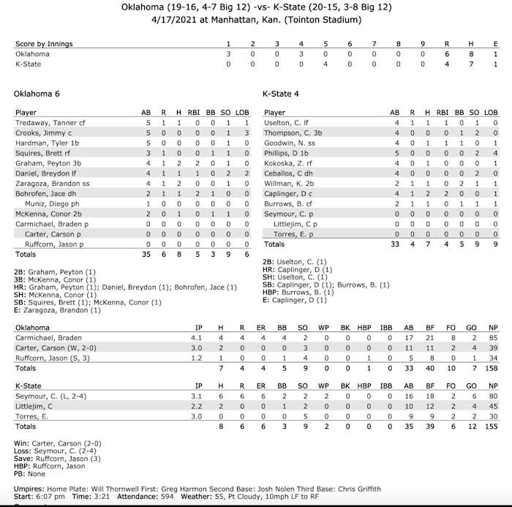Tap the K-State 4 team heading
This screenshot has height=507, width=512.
click(281, 94)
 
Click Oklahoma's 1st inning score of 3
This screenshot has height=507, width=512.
click(228, 54)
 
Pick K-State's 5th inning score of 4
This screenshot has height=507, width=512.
click(325, 64)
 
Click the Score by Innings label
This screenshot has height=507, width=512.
click(44, 44)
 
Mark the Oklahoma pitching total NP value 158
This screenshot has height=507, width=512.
click(494, 368)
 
